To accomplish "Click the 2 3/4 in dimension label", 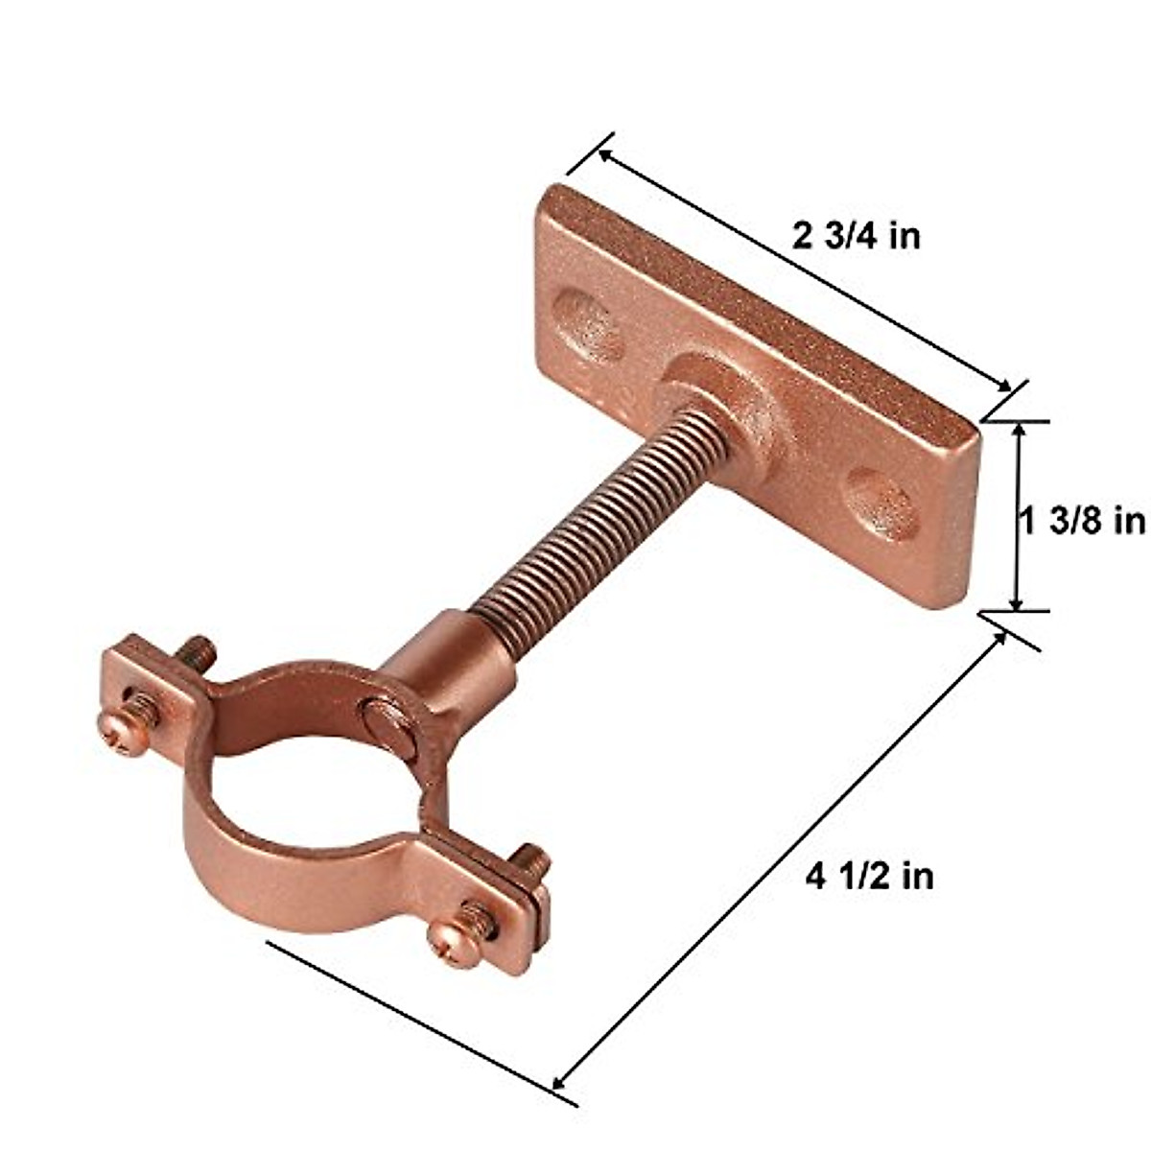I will [856, 236].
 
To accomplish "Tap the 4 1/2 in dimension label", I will [869, 876].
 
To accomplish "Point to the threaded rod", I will [575, 523].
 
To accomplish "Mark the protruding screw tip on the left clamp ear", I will [200, 652].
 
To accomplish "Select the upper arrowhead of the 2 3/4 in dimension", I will [606, 154].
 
